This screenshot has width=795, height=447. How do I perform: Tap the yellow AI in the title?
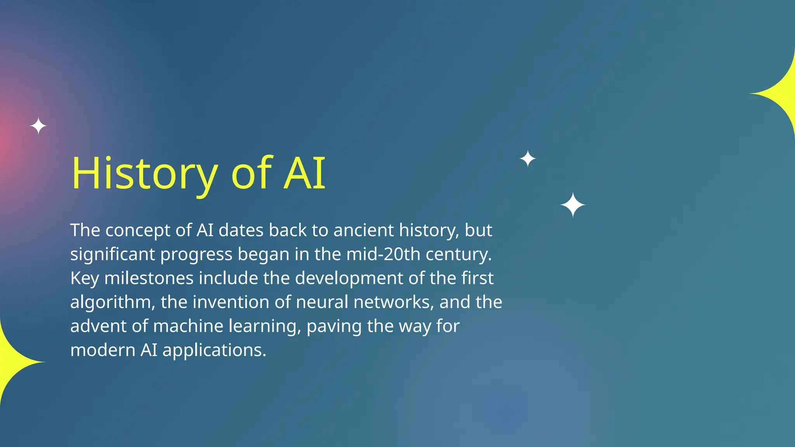coord(304,173)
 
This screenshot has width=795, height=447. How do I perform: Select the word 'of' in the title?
coord(252,173)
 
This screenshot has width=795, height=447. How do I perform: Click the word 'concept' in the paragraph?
coord(138,230)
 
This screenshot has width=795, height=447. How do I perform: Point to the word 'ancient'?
coord(364,230)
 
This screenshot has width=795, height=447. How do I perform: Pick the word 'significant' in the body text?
coord(113,255)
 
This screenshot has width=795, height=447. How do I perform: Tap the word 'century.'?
coord(459,255)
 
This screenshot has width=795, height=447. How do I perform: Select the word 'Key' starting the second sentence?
coord(84,279)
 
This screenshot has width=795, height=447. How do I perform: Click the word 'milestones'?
coord(149,279)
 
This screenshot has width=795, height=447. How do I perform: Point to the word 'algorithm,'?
coord(113,303)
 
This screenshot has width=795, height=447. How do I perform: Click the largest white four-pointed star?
coord(573,205)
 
